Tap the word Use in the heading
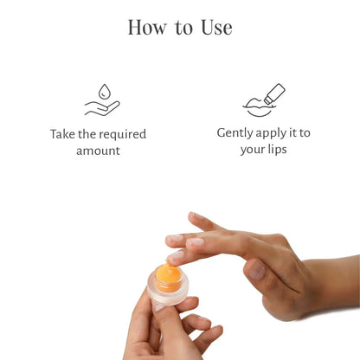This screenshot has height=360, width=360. point(215,27)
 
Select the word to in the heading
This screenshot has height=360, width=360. point(183,28)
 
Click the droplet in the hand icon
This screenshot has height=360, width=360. point(105,90)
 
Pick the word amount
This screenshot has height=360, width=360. point(98,151)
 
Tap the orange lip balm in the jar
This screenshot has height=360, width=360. point(169,275)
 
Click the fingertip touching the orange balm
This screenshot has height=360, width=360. point(176,257)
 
